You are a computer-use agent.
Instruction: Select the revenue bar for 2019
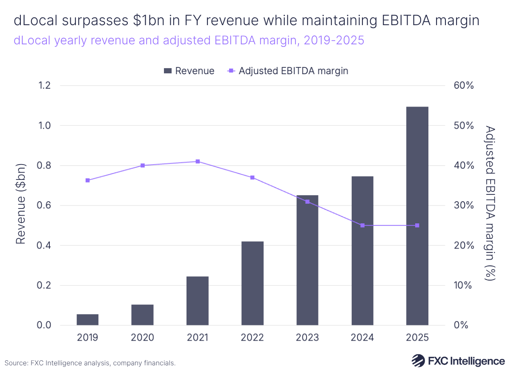87,320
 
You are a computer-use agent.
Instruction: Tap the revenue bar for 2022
252,283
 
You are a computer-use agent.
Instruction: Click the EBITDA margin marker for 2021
198,162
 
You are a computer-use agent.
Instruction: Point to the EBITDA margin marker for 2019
87,180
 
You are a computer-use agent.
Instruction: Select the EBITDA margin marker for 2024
362,225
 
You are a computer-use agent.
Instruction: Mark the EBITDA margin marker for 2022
252,177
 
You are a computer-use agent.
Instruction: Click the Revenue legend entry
189,71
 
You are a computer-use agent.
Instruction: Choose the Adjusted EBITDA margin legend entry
287,71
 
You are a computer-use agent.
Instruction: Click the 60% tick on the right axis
463,86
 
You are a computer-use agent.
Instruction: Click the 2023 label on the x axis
307,338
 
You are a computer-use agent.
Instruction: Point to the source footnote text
90,363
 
